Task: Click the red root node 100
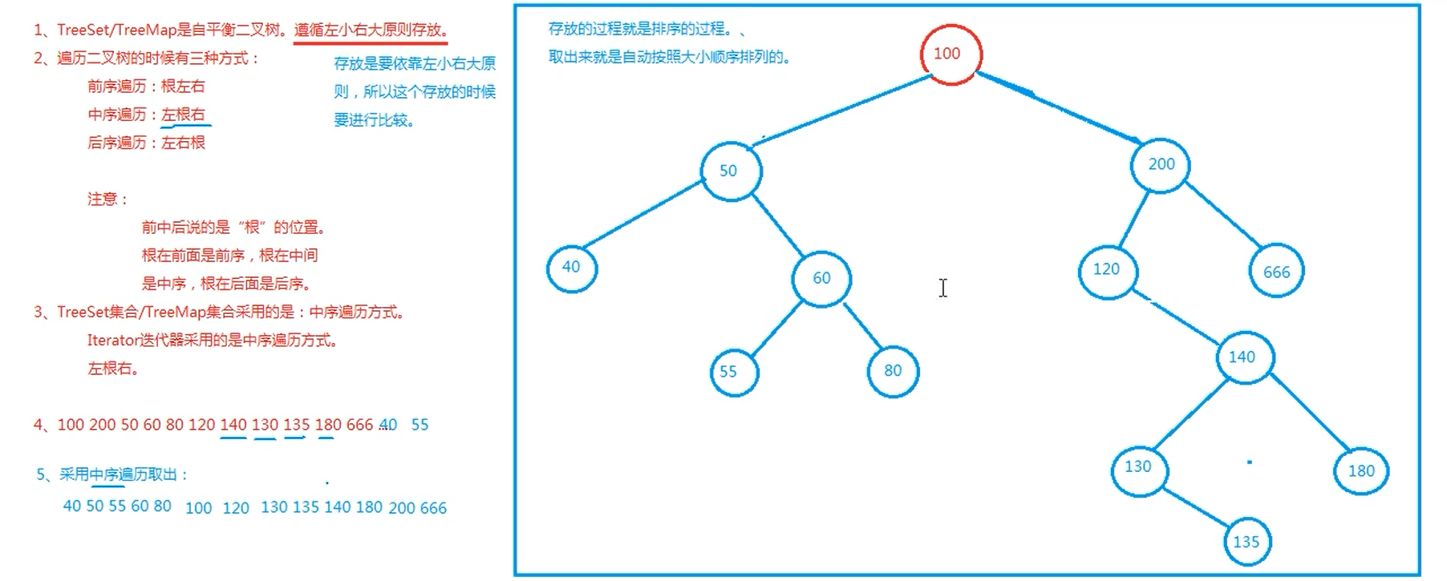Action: (x=950, y=54)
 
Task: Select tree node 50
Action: (x=730, y=171)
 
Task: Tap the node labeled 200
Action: (x=1160, y=165)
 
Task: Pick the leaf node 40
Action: (x=572, y=268)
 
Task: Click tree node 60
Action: (x=821, y=278)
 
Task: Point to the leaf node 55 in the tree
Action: (x=733, y=372)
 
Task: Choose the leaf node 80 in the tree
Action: (x=893, y=371)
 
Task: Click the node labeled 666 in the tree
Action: (x=1276, y=272)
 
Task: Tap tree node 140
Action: (x=1243, y=357)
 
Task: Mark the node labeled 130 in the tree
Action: (x=1139, y=468)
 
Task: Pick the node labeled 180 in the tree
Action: (x=1360, y=471)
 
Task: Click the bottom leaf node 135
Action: (x=1247, y=543)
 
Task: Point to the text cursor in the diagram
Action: (x=943, y=288)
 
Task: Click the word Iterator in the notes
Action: (x=112, y=341)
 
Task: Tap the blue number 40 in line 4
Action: (x=387, y=425)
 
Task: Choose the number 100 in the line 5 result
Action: (x=198, y=508)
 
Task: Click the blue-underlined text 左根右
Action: (x=184, y=115)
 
